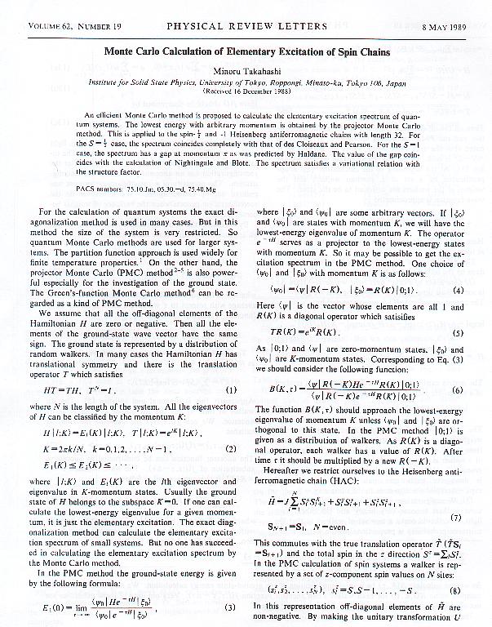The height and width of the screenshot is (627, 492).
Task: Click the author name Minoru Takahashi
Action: tap(246, 71)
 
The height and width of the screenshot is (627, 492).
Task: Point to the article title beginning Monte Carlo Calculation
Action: tap(246, 52)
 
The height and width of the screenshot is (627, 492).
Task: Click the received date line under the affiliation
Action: tap(246, 94)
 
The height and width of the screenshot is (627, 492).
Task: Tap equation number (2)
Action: tap(232, 449)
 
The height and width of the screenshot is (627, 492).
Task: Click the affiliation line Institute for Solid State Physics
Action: tap(246, 83)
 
